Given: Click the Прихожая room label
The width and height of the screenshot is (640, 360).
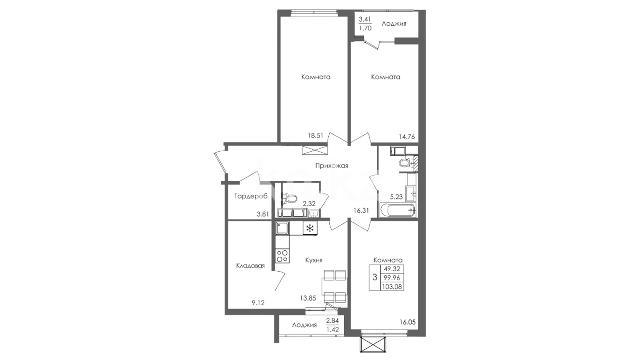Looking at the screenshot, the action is click(x=332, y=166).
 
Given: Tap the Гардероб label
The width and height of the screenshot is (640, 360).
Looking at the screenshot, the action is click(x=251, y=196).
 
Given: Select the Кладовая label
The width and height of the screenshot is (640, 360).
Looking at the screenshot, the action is click(x=250, y=266).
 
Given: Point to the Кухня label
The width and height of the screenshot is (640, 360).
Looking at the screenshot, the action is click(x=314, y=260).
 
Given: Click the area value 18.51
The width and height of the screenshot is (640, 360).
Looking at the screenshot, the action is click(x=315, y=136).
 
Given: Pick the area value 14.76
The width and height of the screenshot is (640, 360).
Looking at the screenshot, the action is click(x=407, y=136).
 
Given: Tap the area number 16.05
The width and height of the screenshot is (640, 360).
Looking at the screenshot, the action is click(x=408, y=322).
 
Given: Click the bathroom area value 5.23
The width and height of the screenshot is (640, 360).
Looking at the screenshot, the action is click(x=396, y=197).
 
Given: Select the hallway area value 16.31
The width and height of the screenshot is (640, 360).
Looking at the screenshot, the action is click(x=361, y=210).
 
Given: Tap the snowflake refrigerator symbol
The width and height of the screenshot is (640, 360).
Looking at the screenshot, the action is click(x=77, y=228).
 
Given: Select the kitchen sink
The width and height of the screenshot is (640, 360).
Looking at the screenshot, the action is click(x=282, y=228).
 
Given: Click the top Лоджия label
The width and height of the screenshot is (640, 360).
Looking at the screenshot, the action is click(x=394, y=24).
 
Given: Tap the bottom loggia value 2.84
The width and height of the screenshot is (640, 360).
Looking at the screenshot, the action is click(x=332, y=320).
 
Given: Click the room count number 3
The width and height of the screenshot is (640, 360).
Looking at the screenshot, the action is click(x=375, y=277).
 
